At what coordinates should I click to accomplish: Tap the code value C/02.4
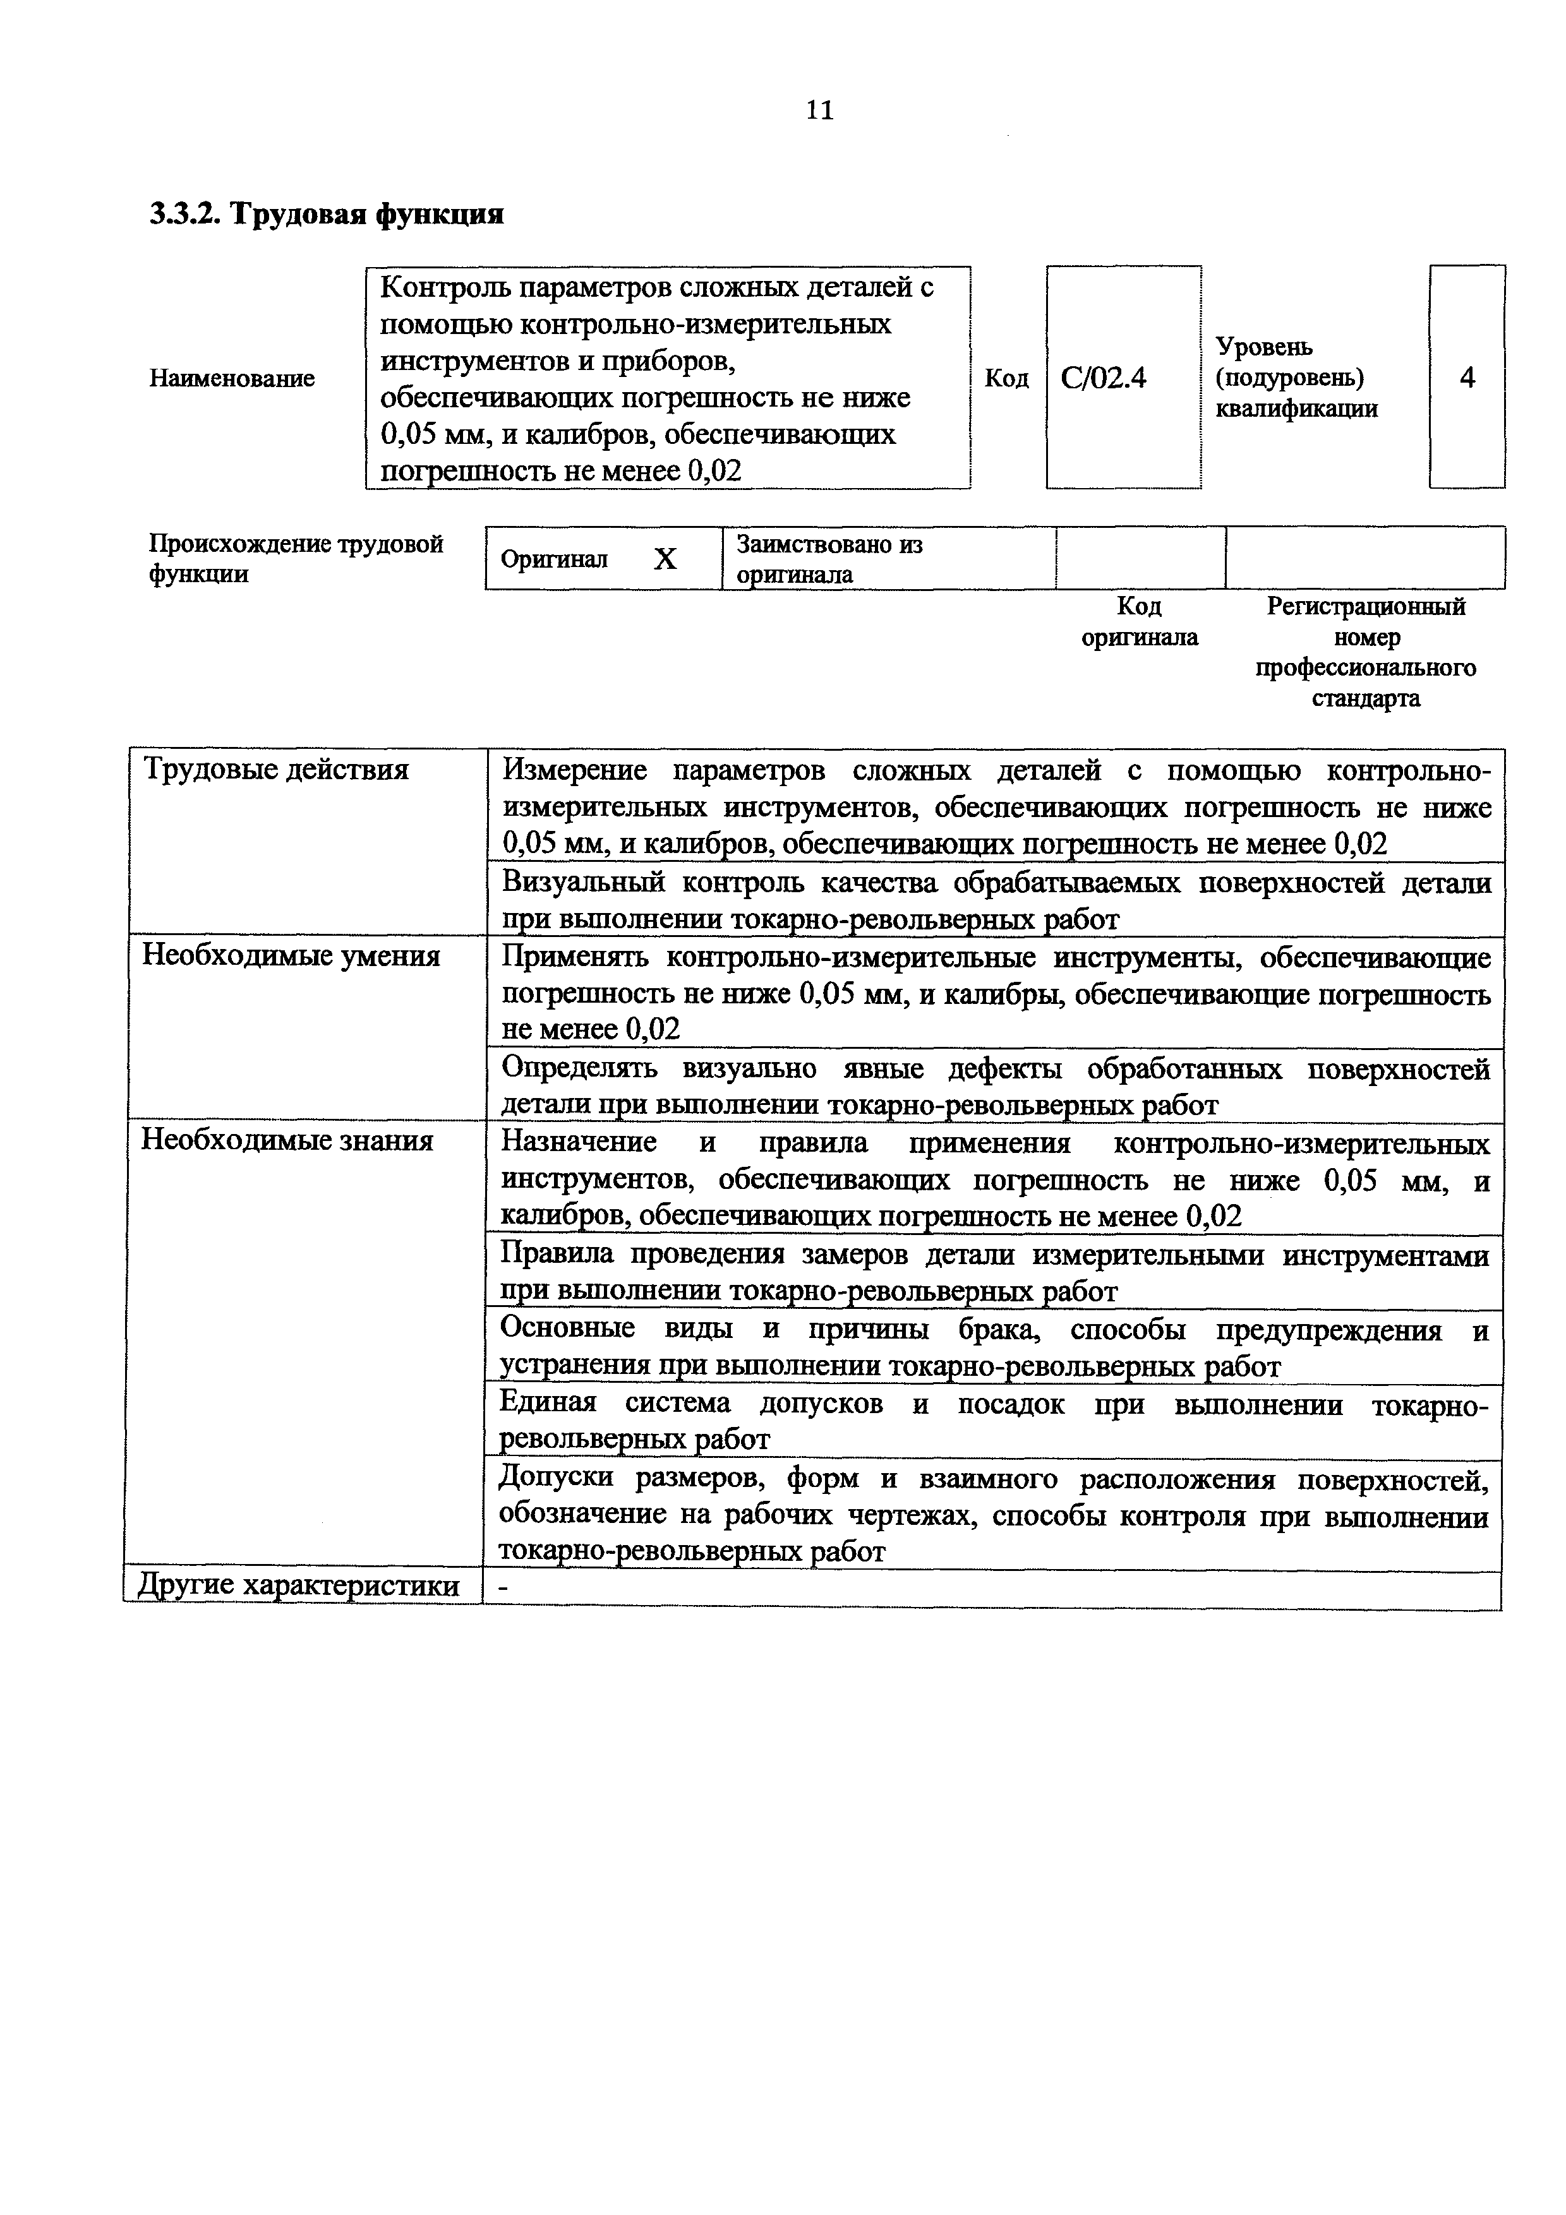[1103, 378]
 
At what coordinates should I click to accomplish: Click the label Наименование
[232, 378]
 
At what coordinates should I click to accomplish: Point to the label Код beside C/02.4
[1006, 378]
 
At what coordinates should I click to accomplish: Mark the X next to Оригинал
[665, 559]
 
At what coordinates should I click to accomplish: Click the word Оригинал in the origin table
[555, 559]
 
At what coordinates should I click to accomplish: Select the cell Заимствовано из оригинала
[830, 559]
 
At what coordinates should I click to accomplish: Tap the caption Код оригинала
[1140, 622]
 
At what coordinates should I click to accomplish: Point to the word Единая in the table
[547, 1404]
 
